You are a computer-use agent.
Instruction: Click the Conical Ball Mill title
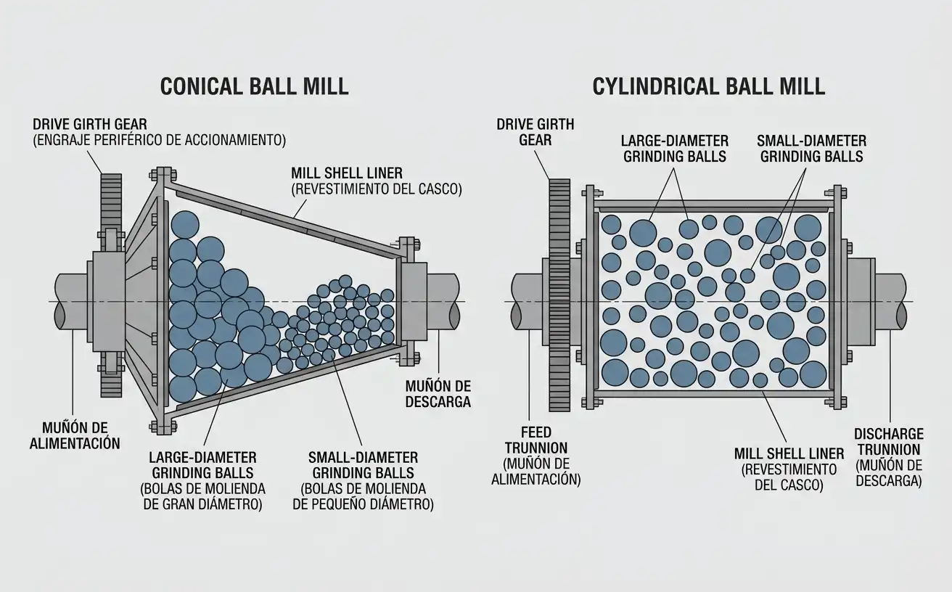254,87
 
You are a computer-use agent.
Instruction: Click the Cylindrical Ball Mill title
708,87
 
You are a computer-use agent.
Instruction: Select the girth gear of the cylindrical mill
559,295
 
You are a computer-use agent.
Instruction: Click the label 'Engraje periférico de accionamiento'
160,140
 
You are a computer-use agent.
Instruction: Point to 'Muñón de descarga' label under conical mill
438,394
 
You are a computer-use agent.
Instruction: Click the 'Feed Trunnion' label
536,440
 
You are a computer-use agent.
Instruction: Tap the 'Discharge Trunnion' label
889,442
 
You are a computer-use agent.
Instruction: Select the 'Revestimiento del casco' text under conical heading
377,189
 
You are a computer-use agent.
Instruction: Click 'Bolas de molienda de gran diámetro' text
202,496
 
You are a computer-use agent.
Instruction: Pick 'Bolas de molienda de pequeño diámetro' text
363,496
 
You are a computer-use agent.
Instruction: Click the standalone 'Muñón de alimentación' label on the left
75,435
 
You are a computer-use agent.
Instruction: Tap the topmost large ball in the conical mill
184,224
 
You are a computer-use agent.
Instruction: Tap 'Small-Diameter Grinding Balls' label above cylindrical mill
811,149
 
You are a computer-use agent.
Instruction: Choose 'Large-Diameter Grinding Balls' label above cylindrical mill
675,149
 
